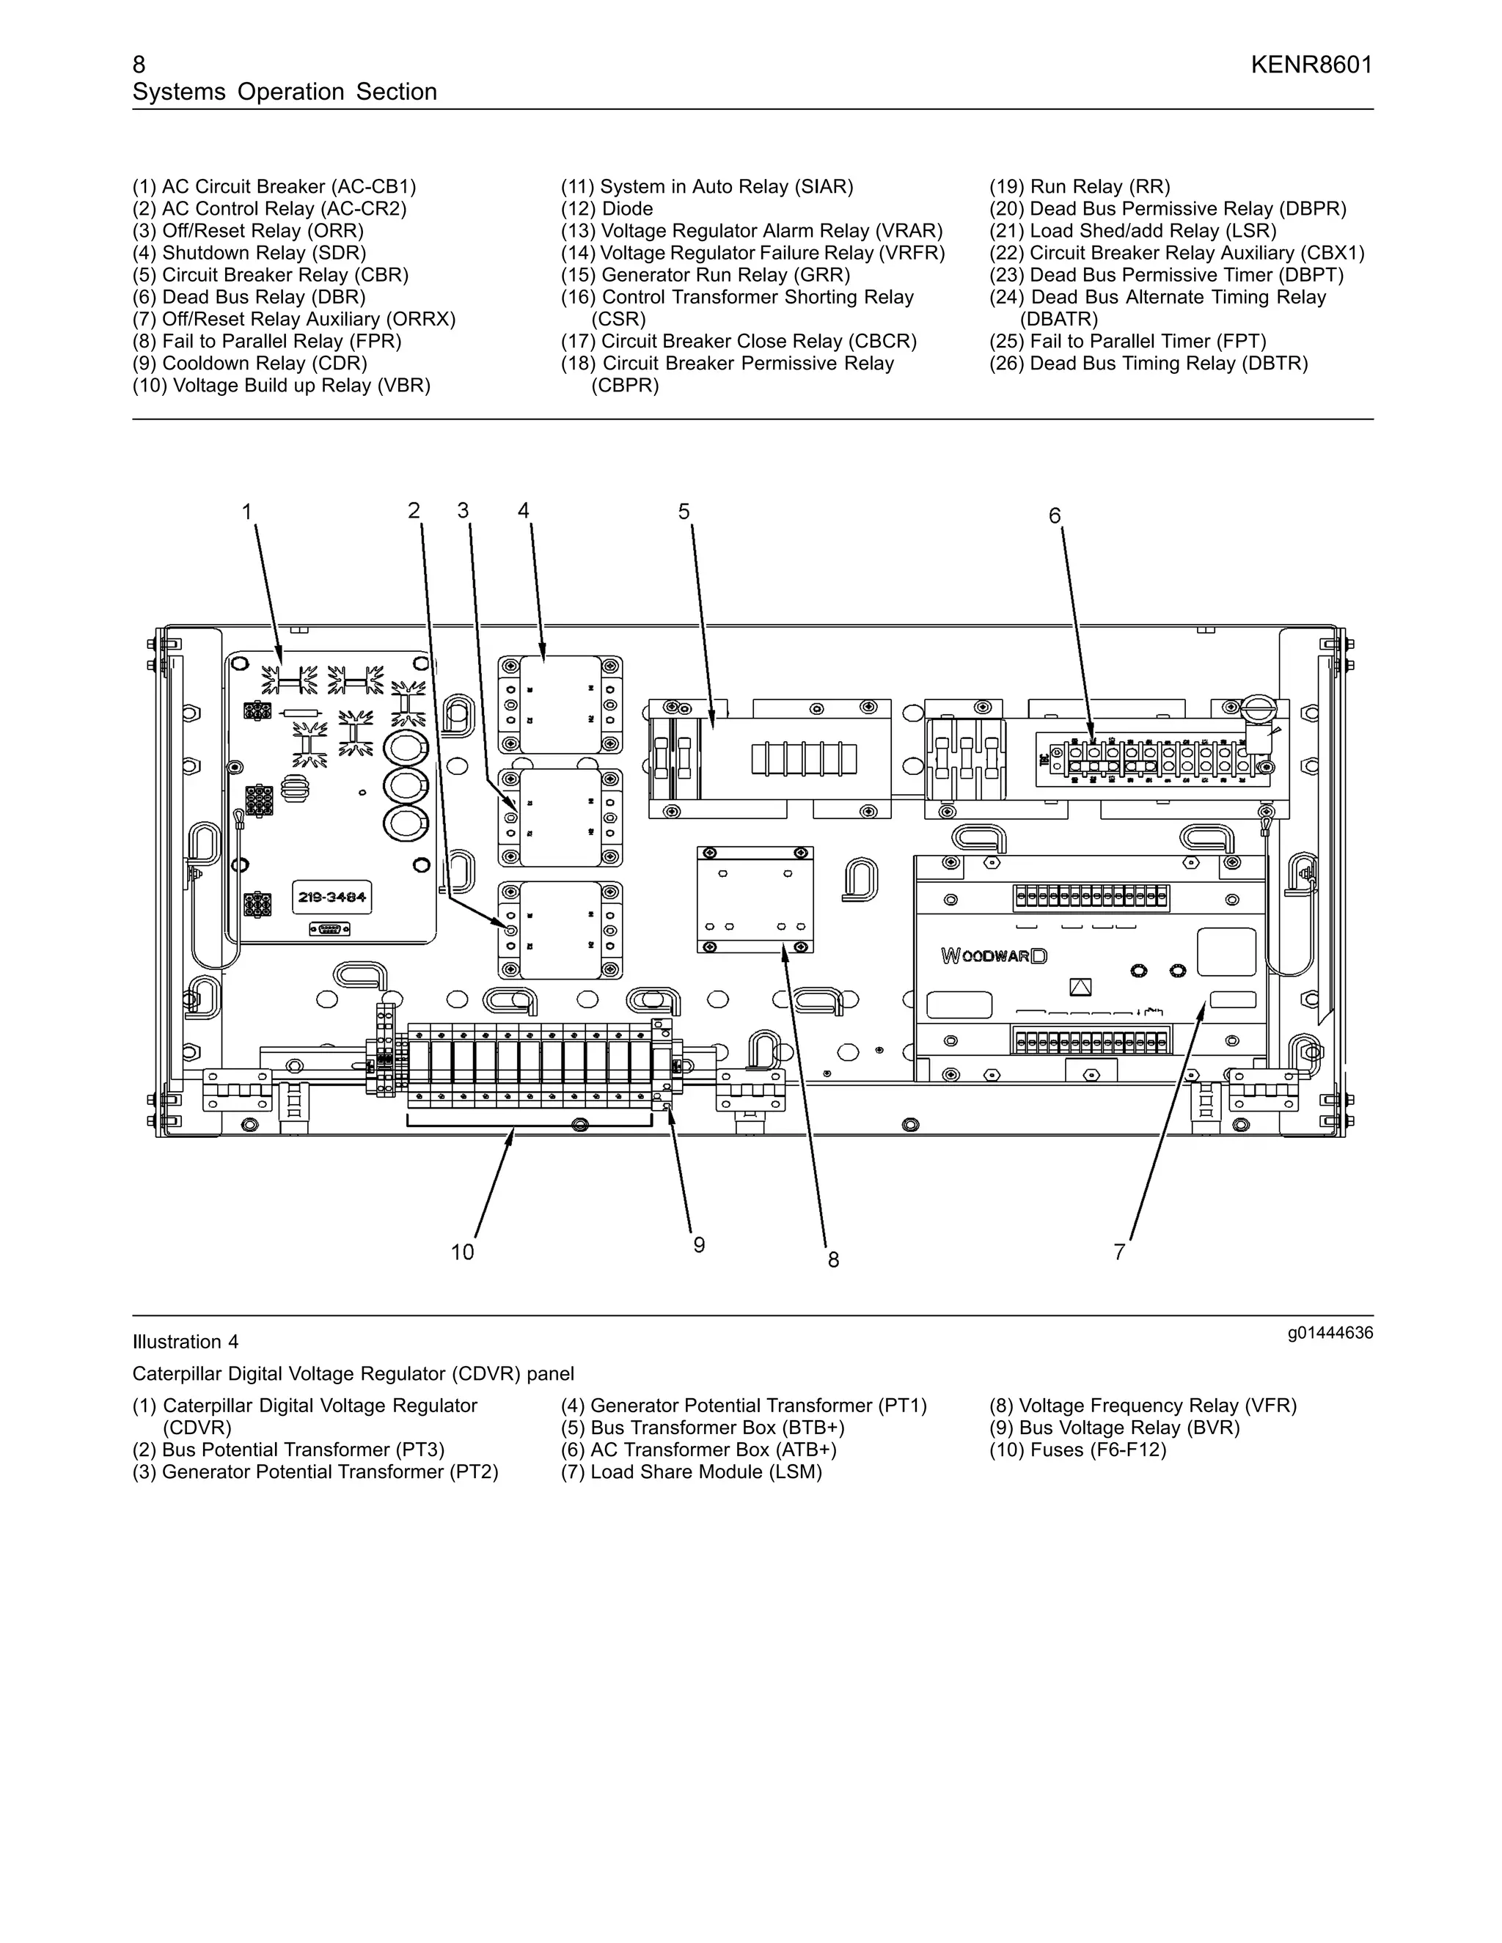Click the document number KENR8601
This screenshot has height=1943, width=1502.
(1311, 65)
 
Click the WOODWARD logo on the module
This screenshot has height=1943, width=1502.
(994, 955)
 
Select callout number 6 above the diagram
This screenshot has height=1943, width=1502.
(1055, 516)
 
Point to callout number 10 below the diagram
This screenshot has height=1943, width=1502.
(463, 1252)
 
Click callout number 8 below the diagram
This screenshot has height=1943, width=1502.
(833, 1260)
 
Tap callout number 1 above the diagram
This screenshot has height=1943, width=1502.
(247, 513)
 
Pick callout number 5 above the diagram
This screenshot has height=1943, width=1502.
(684, 512)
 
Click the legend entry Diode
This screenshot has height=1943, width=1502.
(607, 209)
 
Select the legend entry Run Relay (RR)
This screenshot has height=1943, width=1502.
(1080, 187)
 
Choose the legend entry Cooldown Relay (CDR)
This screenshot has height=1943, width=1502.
(250, 364)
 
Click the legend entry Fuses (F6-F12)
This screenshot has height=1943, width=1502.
(1077, 1450)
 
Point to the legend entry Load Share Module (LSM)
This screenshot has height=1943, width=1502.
(692, 1472)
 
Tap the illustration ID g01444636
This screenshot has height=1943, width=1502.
(1330, 1333)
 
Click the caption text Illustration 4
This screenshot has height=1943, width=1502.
(185, 1342)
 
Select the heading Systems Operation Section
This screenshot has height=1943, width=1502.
(285, 92)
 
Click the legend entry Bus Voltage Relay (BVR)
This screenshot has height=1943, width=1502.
(1114, 1428)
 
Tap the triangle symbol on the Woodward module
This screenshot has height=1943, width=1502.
(1080, 987)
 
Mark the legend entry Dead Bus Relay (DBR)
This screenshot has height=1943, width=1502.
(249, 297)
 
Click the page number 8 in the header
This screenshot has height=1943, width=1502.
(139, 65)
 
